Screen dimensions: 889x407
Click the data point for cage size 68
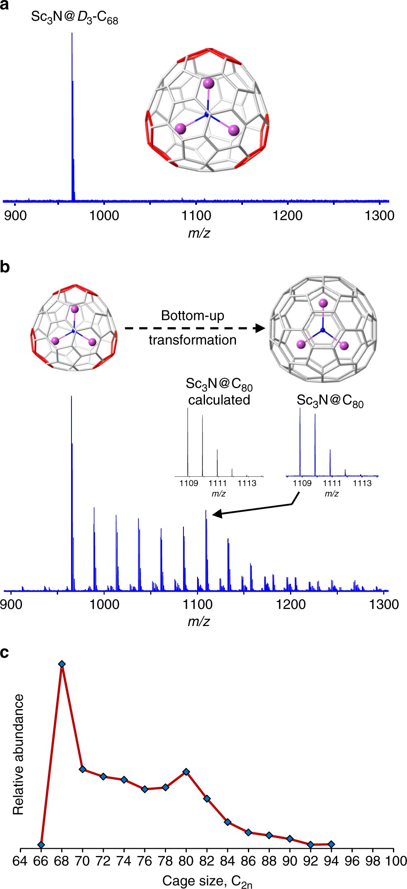click(x=62, y=664)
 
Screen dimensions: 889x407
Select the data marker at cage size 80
click(x=186, y=772)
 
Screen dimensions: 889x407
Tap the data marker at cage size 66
click(x=41, y=844)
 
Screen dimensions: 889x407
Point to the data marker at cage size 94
click(x=331, y=844)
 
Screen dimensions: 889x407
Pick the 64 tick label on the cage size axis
click(x=20, y=861)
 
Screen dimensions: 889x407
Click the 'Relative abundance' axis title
click(x=19, y=754)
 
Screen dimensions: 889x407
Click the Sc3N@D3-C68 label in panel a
click(x=75, y=18)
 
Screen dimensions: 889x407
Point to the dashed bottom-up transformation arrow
click(x=194, y=328)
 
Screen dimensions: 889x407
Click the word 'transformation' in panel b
click(x=193, y=340)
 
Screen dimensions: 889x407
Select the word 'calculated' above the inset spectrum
click(x=219, y=400)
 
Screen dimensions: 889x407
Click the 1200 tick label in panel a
click(x=288, y=215)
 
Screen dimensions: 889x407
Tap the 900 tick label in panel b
click(x=11, y=604)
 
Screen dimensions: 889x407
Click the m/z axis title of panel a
click(x=199, y=233)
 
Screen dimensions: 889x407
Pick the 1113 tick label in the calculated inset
click(x=247, y=483)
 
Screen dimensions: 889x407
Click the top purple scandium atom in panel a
click(x=209, y=84)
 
